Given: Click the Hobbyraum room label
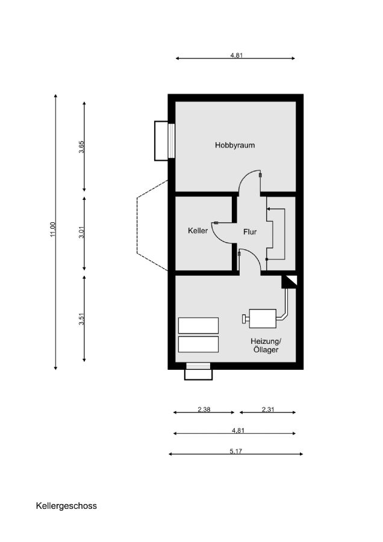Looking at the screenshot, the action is pyautogui.click(x=235, y=145).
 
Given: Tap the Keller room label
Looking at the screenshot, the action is pyautogui.click(x=198, y=231).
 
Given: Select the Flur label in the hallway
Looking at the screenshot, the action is pyautogui.click(x=250, y=232).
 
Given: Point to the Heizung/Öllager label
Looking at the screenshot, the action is pyautogui.click(x=266, y=345).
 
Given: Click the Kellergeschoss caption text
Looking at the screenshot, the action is pyautogui.click(x=66, y=506).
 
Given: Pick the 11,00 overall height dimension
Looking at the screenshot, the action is pyautogui.click(x=52, y=229).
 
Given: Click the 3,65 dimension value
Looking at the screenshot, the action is pyautogui.click(x=81, y=146).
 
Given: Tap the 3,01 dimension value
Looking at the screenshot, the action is pyautogui.click(x=81, y=232).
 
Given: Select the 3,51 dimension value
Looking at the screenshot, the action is pyautogui.click(x=81, y=319).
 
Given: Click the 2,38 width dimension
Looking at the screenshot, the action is pyautogui.click(x=204, y=410).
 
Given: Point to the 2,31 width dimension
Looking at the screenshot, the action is pyautogui.click(x=268, y=410).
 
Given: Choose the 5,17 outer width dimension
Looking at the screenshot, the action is pyautogui.click(x=235, y=451).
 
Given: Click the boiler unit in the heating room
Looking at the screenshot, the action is pyautogui.click(x=260, y=319).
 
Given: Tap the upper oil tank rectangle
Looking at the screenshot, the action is pyautogui.click(x=198, y=325).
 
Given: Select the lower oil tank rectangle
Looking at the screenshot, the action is pyautogui.click(x=198, y=344).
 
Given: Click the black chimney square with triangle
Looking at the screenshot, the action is pyautogui.click(x=289, y=281).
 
